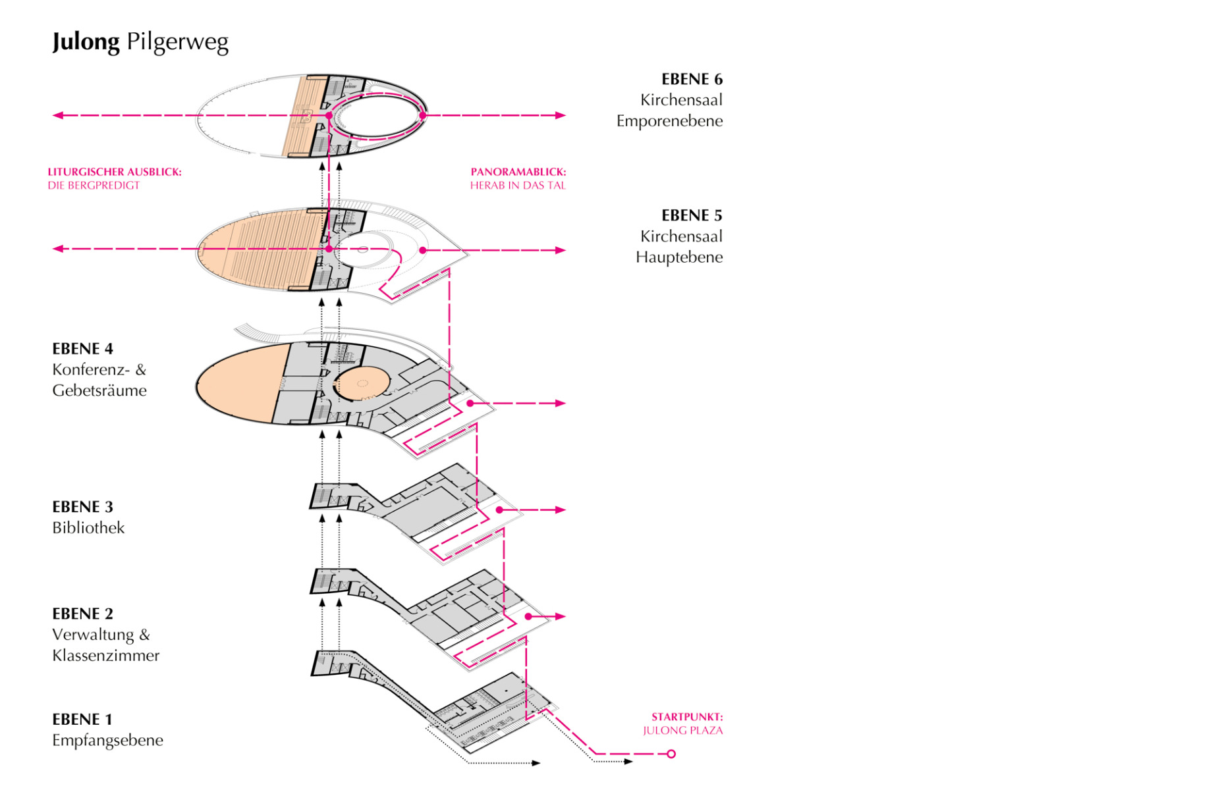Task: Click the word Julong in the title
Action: pyautogui.click(x=86, y=41)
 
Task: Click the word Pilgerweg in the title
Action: pyautogui.click(x=177, y=41)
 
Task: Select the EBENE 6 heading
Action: pyautogui.click(x=692, y=79)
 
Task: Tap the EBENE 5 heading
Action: pyautogui.click(x=692, y=215)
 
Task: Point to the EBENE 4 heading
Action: pyautogui.click(x=82, y=349)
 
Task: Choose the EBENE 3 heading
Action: pyautogui.click(x=82, y=507)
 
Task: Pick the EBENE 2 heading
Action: pyautogui.click(x=82, y=614)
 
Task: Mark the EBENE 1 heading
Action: pyautogui.click(x=82, y=720)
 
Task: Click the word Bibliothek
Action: pyautogui.click(x=88, y=528)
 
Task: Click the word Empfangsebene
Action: pyautogui.click(x=107, y=741)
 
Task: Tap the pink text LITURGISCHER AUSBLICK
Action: pyautogui.click(x=114, y=172)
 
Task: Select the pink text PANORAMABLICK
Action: pyautogui.click(x=518, y=172)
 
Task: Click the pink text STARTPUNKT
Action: pyautogui.click(x=687, y=717)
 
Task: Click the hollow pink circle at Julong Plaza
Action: pyautogui.click(x=671, y=754)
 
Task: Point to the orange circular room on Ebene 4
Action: pyautogui.click(x=362, y=384)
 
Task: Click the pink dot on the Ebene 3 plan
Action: pyautogui.click(x=499, y=510)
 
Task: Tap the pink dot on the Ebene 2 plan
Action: pyautogui.click(x=528, y=616)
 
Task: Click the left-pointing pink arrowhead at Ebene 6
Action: pyautogui.click(x=57, y=115)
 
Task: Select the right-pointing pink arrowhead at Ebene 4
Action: pyautogui.click(x=561, y=403)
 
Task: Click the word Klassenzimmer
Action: pyautogui.click(x=105, y=656)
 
